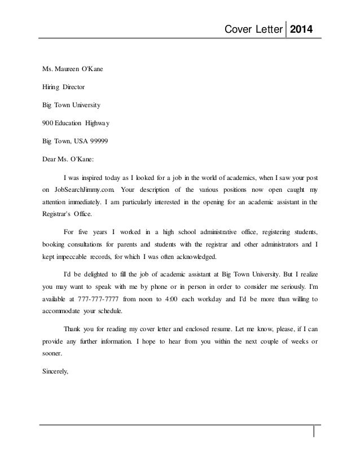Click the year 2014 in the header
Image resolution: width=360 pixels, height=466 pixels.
[x=304, y=29]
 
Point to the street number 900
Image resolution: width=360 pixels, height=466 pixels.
[x=49, y=123]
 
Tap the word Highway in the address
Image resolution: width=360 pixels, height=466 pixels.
[x=104, y=123]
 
